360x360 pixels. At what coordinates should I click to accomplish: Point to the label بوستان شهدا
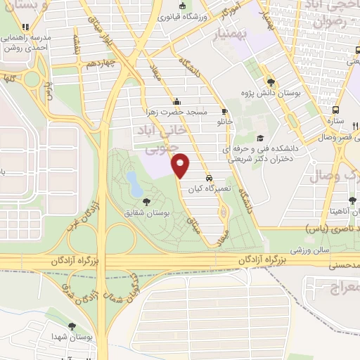(x=67, y=337)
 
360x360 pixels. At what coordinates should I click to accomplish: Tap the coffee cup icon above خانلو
(x=224, y=111)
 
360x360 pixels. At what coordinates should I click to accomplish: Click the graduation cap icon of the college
(x=261, y=138)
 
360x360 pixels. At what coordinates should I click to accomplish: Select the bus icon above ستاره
(x=337, y=110)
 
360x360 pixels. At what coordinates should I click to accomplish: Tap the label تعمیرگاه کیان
(x=209, y=189)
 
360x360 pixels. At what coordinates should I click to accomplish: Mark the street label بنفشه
(x=75, y=46)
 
